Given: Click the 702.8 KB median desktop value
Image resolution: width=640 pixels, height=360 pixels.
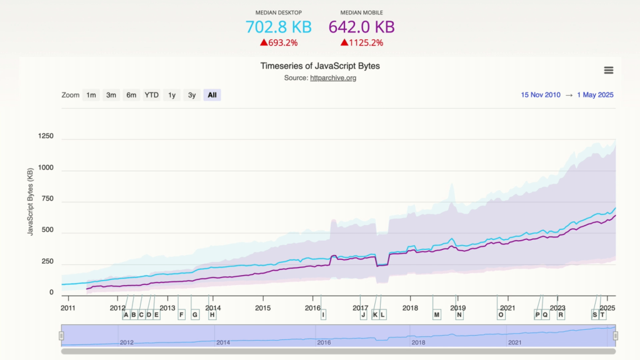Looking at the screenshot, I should [278, 27].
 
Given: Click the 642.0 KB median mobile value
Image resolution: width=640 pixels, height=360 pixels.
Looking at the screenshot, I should [361, 27].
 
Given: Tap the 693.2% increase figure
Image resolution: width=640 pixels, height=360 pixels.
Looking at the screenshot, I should [279, 43].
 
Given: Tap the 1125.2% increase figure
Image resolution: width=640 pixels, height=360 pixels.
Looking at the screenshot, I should [362, 43].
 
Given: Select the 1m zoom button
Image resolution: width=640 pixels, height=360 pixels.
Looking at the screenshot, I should [91, 95].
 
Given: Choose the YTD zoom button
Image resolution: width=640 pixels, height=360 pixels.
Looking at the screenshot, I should [152, 95].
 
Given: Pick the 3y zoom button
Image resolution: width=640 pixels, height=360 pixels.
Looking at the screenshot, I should [192, 95].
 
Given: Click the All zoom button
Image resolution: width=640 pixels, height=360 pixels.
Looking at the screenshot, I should [212, 95].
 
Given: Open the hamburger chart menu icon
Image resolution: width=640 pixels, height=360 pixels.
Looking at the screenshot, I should [608, 71].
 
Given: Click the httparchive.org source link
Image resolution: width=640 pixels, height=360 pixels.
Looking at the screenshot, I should [332, 78].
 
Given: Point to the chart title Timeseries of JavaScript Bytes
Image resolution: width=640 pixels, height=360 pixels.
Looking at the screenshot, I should [319, 66].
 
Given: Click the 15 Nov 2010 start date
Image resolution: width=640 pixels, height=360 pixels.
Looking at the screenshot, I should [541, 95].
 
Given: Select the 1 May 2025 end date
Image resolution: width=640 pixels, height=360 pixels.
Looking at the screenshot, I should [595, 95].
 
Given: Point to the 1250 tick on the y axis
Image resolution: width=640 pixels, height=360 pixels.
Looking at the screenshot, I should [46, 136].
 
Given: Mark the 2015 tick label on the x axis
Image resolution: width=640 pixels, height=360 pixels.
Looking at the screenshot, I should [262, 308].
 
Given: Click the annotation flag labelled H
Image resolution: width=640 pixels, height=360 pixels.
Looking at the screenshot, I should [212, 315].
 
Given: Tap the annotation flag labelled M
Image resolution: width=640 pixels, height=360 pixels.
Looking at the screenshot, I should [437, 315].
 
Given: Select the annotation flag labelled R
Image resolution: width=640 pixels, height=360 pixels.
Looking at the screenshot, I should [561, 315].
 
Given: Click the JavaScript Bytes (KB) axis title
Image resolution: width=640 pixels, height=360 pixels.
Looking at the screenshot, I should [30, 202].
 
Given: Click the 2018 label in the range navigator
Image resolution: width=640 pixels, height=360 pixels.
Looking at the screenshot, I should [417, 342].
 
